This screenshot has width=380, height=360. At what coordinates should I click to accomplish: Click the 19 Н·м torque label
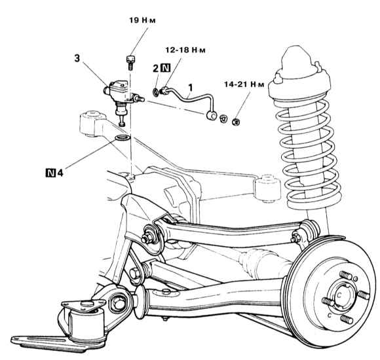(142, 20)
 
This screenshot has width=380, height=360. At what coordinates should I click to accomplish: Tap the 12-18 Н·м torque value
(185, 50)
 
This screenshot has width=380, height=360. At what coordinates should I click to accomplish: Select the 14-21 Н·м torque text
(244, 84)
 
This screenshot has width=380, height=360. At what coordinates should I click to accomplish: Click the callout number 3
(77, 58)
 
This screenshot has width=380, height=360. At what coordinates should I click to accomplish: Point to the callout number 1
(191, 88)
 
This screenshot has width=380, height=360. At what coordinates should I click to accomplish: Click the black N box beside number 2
(166, 68)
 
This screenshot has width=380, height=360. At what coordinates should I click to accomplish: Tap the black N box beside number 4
(50, 173)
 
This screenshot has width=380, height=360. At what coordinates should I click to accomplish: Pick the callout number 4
(60, 173)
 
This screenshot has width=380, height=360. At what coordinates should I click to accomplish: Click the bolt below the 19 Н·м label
(130, 62)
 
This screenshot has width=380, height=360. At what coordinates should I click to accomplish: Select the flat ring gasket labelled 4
(123, 138)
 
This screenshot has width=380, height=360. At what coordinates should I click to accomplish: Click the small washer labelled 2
(155, 92)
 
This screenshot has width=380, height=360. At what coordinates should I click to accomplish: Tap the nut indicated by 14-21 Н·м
(236, 122)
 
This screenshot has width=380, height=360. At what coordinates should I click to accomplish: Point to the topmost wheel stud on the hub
(346, 276)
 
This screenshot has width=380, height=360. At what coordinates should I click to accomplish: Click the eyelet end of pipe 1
(212, 115)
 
